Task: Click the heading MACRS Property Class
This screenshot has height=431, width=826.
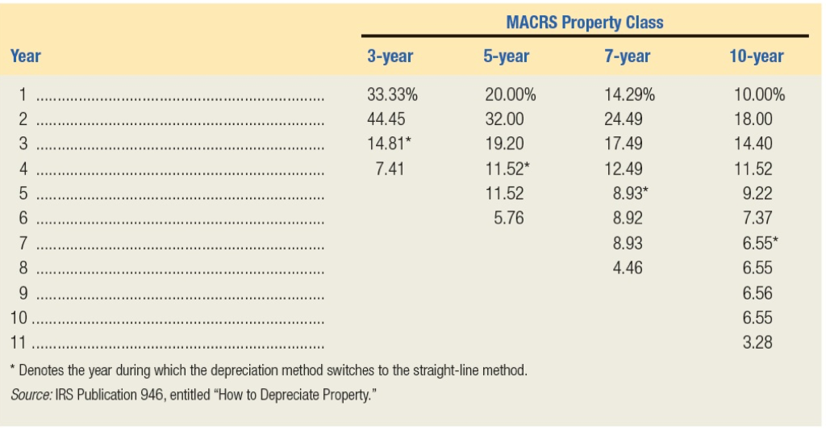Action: (585, 23)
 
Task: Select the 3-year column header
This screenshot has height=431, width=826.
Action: (390, 56)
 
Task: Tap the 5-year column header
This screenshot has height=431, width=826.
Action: (507, 56)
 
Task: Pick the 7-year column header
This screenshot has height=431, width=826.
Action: (627, 56)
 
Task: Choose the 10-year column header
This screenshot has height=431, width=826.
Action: (755, 56)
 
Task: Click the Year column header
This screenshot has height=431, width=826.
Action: (25, 56)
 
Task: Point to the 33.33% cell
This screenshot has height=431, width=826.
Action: (392, 94)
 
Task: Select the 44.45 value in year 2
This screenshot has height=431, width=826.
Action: (386, 119)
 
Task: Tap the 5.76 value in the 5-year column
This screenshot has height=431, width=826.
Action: (508, 218)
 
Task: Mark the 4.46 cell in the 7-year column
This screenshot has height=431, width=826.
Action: (627, 268)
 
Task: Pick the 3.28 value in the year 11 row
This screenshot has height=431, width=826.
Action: (757, 342)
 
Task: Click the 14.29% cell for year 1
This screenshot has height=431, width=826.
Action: (629, 94)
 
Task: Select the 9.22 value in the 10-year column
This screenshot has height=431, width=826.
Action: (757, 194)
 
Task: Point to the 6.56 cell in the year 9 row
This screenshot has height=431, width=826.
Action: (757, 293)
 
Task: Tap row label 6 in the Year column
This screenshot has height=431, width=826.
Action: (23, 218)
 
